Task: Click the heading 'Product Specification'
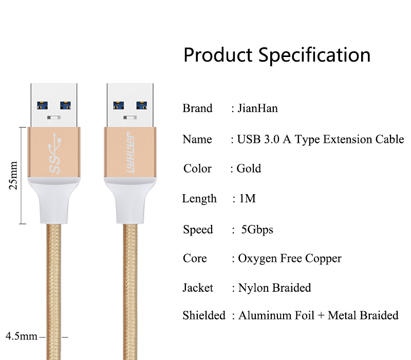277,55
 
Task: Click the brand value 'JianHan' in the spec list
257,108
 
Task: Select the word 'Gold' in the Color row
249,168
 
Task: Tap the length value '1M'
248,198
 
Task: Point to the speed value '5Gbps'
257,230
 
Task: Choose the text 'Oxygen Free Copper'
290,259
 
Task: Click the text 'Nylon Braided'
274,288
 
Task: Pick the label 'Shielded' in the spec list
204,315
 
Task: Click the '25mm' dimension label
13,175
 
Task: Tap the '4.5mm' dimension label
22,336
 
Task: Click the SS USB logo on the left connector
54,153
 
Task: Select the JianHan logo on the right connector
130,152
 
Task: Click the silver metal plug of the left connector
54,105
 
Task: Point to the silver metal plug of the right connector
130,105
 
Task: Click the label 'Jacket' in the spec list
198,288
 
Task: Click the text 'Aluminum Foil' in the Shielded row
276,315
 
